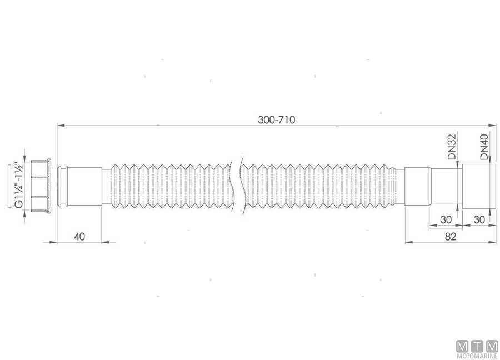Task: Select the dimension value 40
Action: pos(79,236)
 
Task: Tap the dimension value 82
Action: pos(451,236)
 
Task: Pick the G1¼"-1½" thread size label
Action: pos(19,186)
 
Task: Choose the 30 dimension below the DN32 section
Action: pos(446,219)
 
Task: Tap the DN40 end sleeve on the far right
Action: pos(479,186)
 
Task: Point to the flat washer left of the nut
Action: pos(10,186)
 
